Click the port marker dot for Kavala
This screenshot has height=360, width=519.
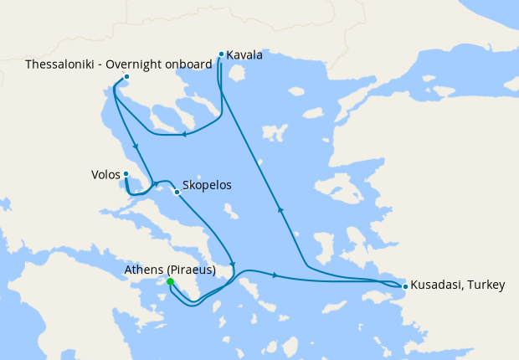221,54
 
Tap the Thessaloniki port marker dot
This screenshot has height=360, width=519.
126,78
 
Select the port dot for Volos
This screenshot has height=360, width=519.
126,174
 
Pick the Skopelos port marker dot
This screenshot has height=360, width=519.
176,192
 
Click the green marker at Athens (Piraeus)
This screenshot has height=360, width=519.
170,282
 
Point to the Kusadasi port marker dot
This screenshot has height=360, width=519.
405,287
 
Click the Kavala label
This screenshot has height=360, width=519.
244,55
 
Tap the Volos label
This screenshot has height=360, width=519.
105,175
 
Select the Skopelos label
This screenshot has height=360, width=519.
206,186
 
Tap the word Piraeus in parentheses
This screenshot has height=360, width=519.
192,270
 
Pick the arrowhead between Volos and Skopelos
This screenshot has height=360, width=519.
155,183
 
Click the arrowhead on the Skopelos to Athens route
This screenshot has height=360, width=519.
233,265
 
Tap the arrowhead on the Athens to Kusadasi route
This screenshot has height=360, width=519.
275,275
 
